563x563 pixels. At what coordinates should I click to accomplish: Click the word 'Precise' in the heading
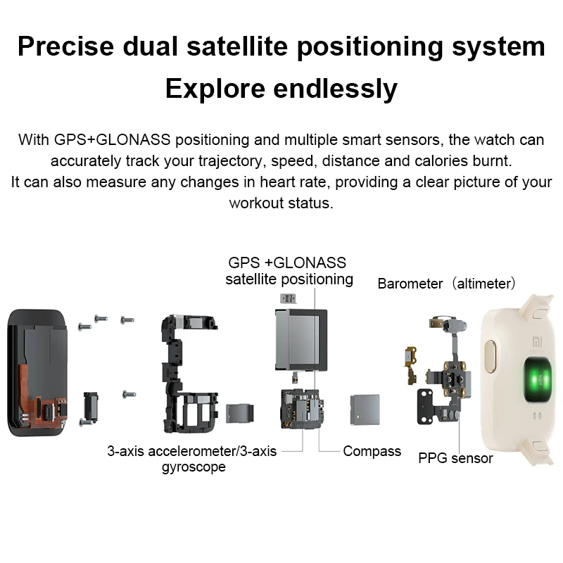click(x=64, y=47)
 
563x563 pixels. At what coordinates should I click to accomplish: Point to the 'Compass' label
click(x=372, y=451)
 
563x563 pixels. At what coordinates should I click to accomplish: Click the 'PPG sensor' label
click(x=455, y=459)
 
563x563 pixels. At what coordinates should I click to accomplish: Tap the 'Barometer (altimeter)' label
click(x=448, y=284)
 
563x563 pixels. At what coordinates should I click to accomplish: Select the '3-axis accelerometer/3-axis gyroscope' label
click(x=191, y=458)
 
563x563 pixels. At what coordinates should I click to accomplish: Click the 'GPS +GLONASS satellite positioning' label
click(x=289, y=271)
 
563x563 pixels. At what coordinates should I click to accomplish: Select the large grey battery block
click(x=299, y=338)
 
